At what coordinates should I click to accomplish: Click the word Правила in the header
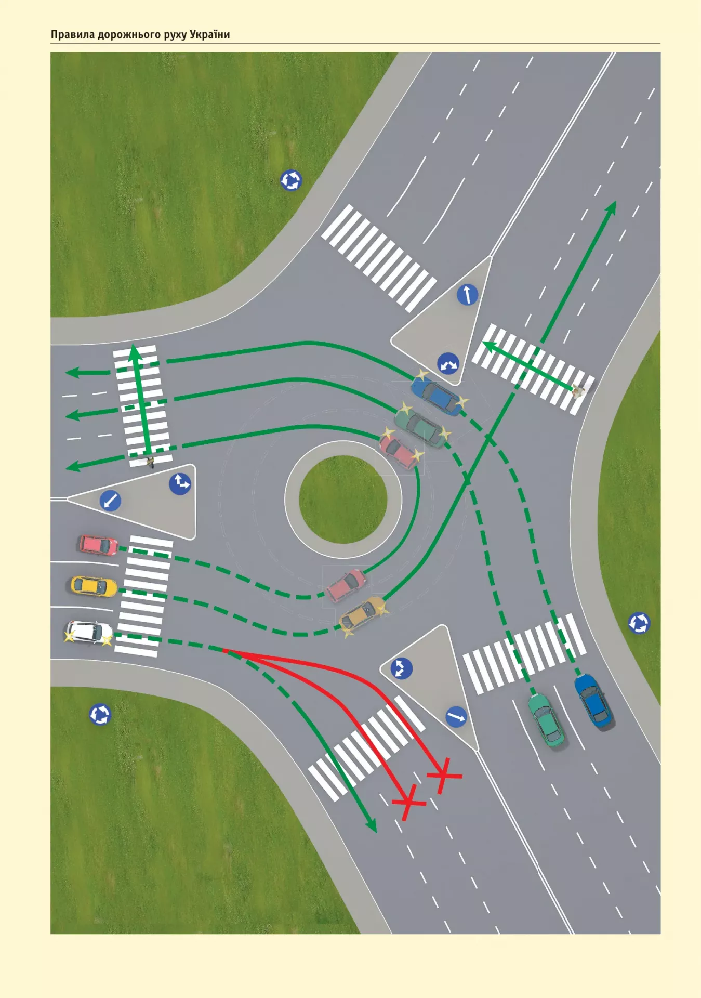tap(73, 35)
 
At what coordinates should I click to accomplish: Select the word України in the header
tap(209, 34)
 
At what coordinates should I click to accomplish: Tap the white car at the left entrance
tap(89, 633)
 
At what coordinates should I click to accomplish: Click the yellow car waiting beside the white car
tap(94, 586)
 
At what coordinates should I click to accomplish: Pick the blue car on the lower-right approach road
tap(593, 700)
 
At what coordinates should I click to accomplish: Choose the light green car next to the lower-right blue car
tap(546, 720)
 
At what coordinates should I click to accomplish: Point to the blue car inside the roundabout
tap(437, 396)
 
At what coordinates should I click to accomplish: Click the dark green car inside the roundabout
tap(420, 428)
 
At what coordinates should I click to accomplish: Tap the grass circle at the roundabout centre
tap(343, 500)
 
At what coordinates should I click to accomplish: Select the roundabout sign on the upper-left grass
tap(291, 180)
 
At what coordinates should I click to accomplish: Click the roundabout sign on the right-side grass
tap(639, 623)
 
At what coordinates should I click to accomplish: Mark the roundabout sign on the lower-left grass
tap(100, 714)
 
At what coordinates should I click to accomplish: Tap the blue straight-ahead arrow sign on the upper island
tap(467, 294)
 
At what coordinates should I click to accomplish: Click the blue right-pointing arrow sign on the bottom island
tap(456, 717)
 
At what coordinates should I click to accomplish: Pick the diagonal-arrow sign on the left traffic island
tap(110, 501)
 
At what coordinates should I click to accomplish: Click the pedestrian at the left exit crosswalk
tap(151, 462)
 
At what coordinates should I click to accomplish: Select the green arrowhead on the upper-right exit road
tap(611, 207)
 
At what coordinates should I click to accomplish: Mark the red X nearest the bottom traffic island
tap(443, 776)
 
